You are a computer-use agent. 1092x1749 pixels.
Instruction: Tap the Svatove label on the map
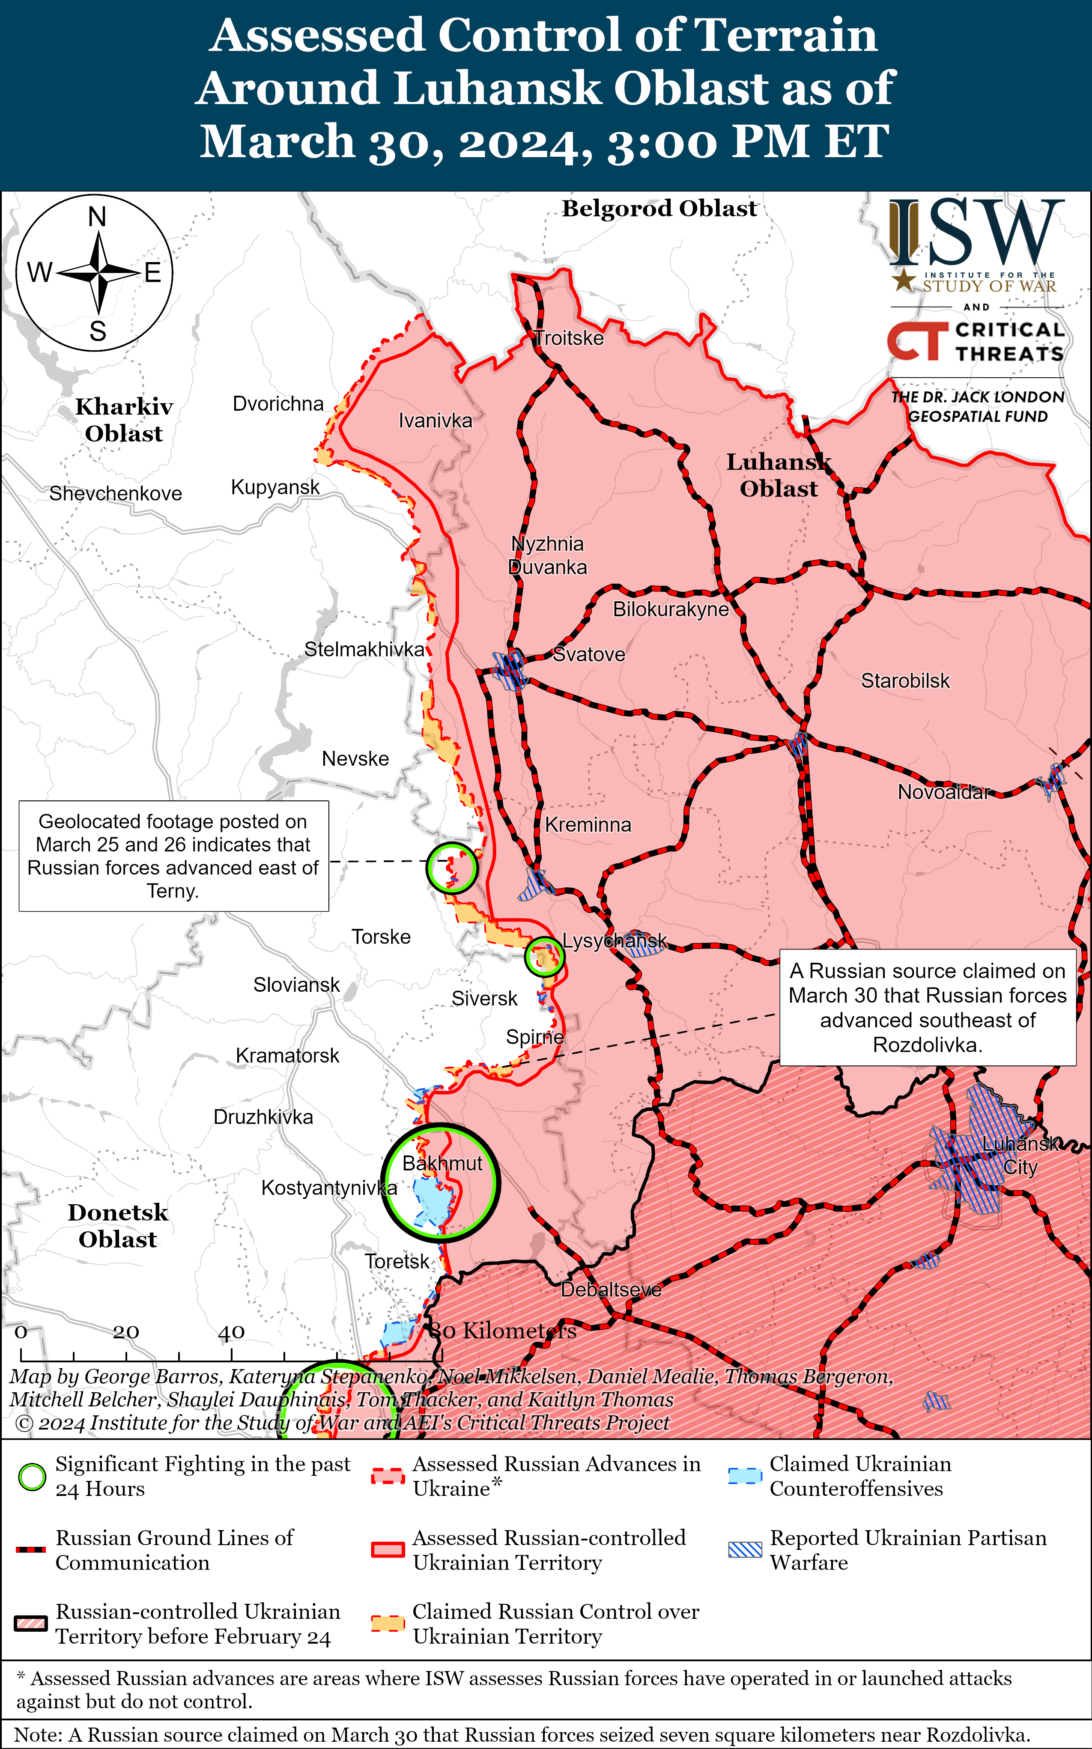pyautogui.click(x=589, y=654)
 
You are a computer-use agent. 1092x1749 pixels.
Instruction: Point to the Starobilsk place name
pyautogui.click(x=905, y=681)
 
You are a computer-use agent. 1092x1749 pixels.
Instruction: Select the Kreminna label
pyautogui.click(x=588, y=825)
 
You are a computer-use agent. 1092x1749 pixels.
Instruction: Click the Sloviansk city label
pyautogui.click(x=296, y=985)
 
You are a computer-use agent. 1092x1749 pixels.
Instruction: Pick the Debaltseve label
pyautogui.click(x=611, y=1290)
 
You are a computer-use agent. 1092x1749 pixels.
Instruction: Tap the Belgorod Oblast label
pyautogui.click(x=659, y=209)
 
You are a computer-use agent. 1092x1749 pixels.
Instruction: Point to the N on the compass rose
pyautogui.click(x=97, y=217)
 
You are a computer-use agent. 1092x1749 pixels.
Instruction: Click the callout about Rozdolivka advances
pyautogui.click(x=927, y=1007)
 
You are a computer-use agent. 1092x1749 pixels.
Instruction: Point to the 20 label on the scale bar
pyautogui.click(x=125, y=1331)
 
